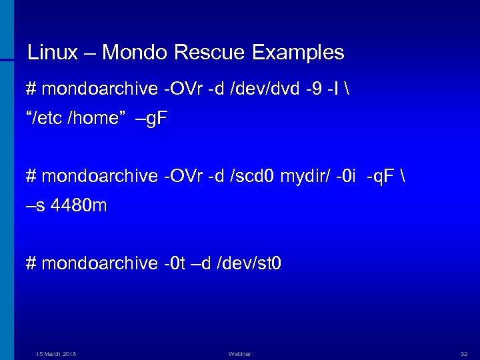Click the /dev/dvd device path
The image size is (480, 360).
tap(262, 88)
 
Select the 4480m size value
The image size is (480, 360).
tap(79, 206)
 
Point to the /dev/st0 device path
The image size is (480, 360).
tap(250, 264)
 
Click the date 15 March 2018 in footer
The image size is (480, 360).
tap(56, 353)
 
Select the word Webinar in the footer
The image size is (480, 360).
tap(239, 353)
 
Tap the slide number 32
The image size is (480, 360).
tap(464, 353)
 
